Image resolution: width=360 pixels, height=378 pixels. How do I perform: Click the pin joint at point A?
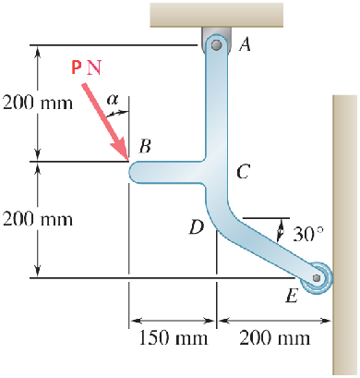pos(215,44)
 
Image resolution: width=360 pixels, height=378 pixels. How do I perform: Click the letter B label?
pos(144,146)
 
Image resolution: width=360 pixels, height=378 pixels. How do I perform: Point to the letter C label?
pos(243,171)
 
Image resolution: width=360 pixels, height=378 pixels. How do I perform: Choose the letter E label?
pos(292,296)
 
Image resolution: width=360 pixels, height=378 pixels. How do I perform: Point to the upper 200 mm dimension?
pos(36,103)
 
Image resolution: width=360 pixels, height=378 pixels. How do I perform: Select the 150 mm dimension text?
pos(172,337)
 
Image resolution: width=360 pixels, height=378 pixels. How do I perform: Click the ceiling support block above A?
pos(216,13)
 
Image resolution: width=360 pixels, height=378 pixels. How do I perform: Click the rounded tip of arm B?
pos(135,172)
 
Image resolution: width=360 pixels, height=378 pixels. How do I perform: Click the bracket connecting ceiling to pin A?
pos(215,32)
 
